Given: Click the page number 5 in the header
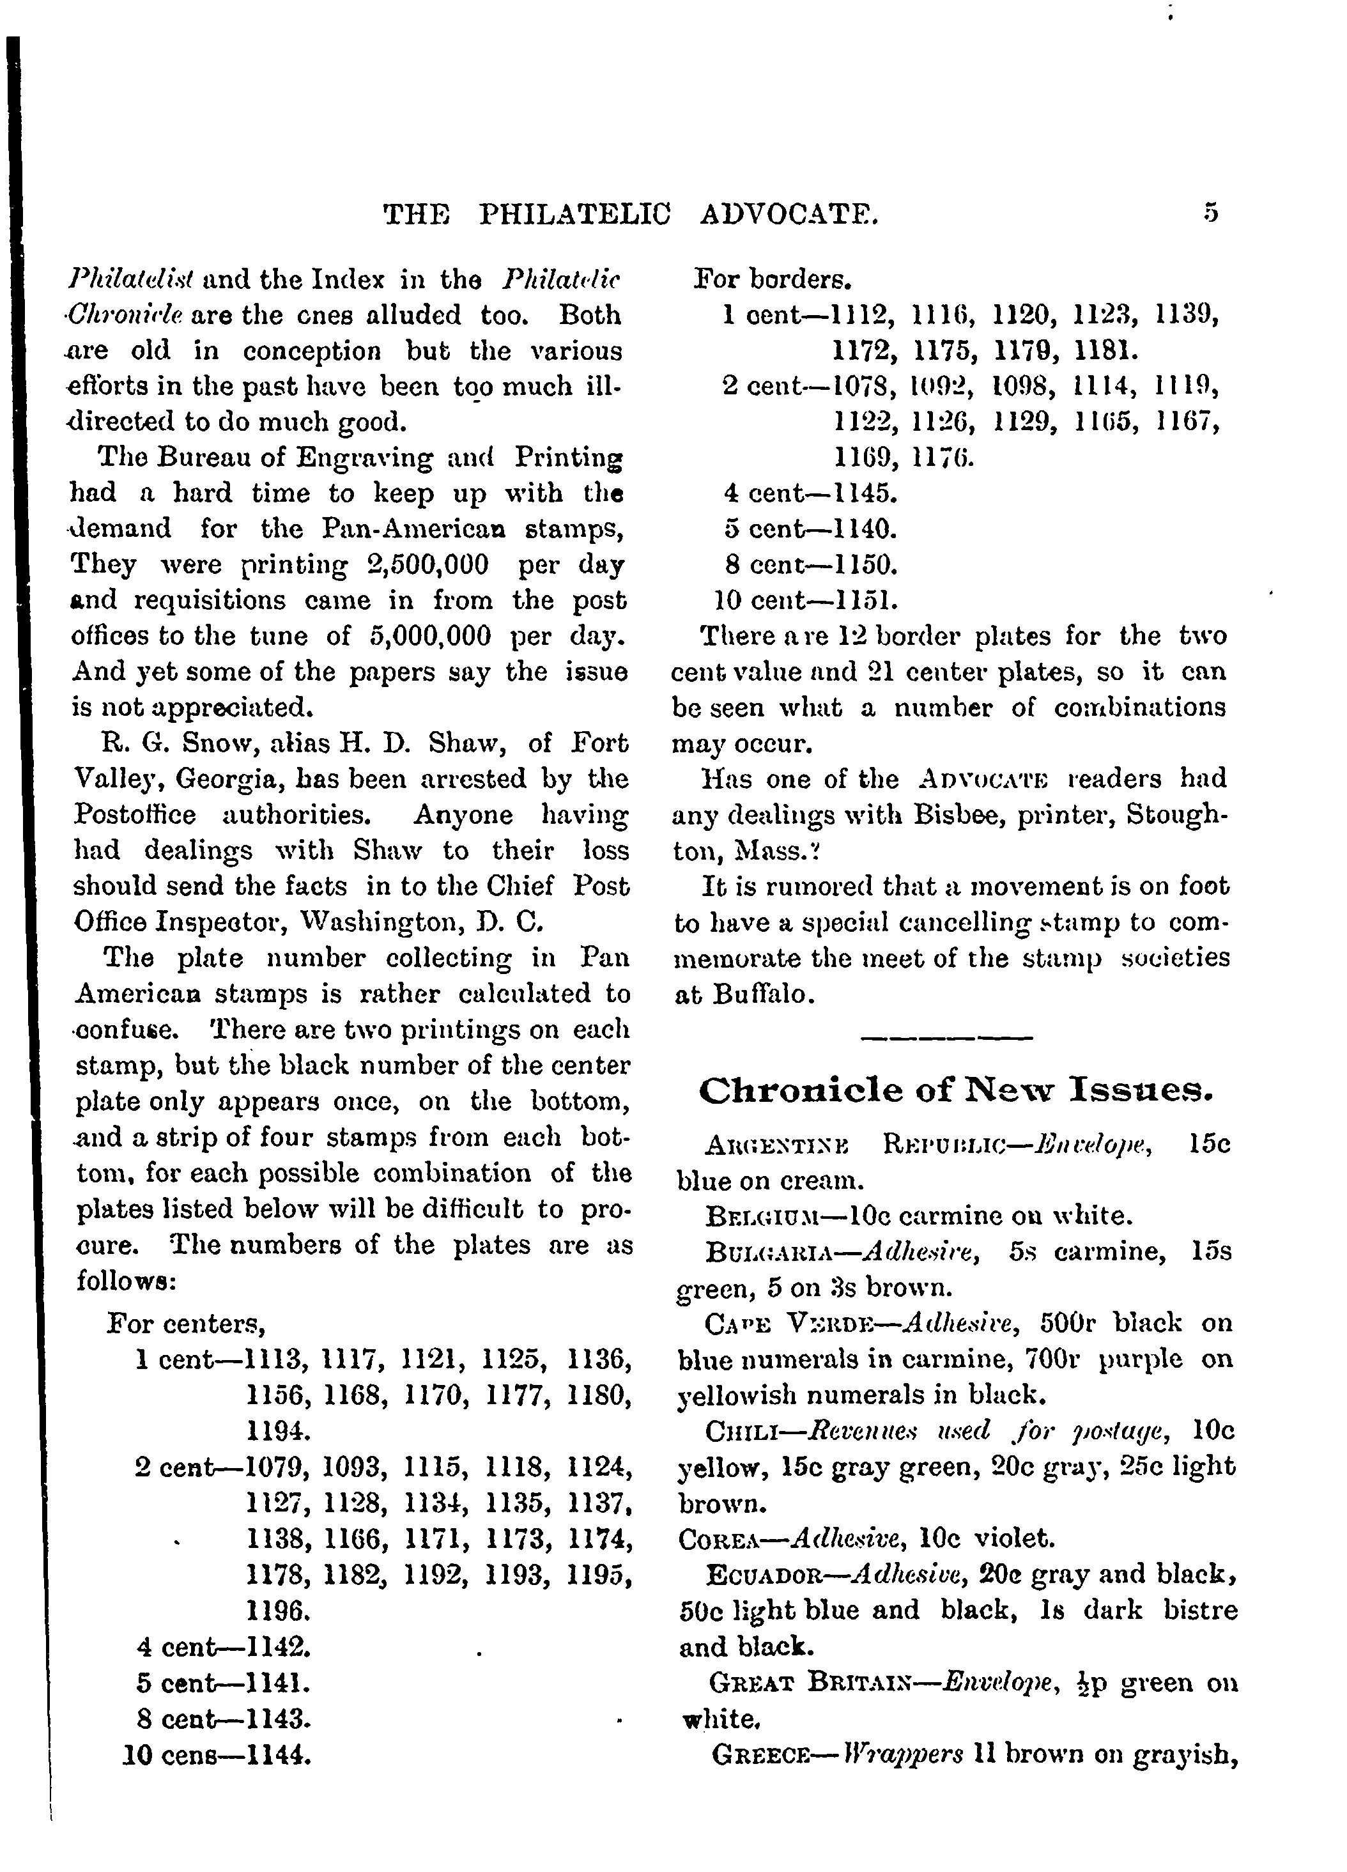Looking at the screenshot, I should point(1210,213).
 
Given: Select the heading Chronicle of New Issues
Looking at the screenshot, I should point(956,1090).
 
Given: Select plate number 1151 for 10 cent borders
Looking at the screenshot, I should point(866,600).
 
